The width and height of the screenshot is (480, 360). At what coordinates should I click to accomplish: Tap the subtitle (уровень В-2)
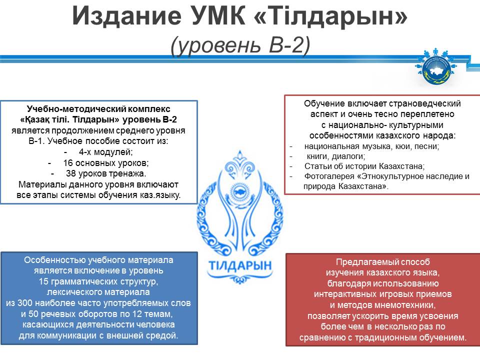click(x=240, y=45)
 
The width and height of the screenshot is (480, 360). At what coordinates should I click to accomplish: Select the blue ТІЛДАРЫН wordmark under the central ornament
click(x=240, y=265)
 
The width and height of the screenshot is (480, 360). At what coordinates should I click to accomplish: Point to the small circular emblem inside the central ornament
click(x=239, y=192)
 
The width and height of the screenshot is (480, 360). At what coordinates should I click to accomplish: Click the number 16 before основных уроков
click(x=68, y=163)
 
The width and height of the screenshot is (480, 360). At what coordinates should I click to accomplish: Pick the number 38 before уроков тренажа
click(x=70, y=173)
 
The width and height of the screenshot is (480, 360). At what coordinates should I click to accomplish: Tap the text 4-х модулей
click(x=105, y=152)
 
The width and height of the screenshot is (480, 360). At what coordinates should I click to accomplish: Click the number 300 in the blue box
click(x=25, y=303)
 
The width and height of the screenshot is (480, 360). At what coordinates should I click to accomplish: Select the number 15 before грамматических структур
click(x=44, y=281)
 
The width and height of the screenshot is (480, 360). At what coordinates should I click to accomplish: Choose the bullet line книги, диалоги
click(x=336, y=156)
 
